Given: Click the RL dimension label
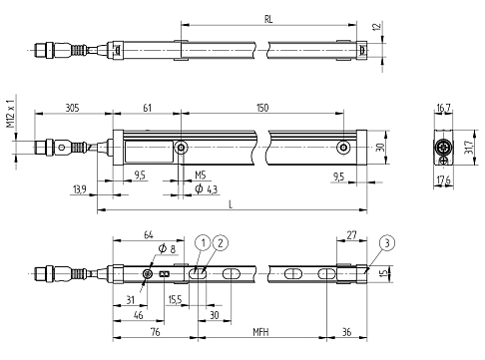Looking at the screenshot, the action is [x=268, y=19].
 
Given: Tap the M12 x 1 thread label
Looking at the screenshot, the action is [x=11, y=114].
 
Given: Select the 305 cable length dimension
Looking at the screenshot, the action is [x=72, y=108].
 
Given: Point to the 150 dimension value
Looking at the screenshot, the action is [x=262, y=108].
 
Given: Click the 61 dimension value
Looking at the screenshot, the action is [x=147, y=108].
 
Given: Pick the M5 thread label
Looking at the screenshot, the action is [x=201, y=175].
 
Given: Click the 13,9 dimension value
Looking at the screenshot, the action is [x=80, y=189].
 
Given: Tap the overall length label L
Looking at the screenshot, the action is [x=231, y=204].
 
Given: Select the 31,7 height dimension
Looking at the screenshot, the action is [x=469, y=147].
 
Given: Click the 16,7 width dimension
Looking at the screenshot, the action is [x=443, y=108].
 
